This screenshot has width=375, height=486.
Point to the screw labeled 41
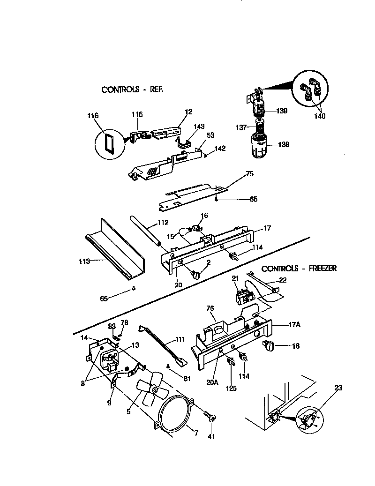point(209,416)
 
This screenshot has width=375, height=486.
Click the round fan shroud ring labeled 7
point(174,412)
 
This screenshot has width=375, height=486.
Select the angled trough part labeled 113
point(115,248)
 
